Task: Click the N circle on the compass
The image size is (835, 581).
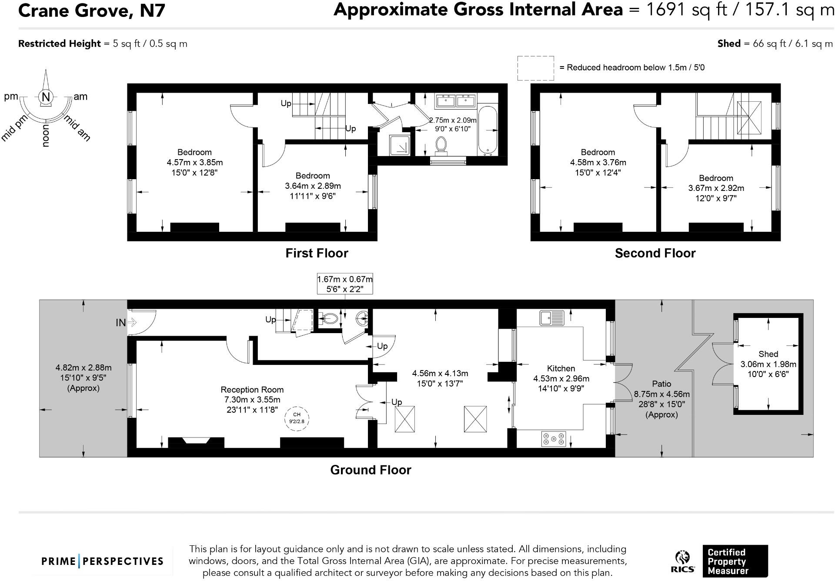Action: coord(46,97)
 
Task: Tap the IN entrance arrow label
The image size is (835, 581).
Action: coord(121,322)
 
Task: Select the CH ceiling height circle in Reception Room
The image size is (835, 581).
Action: coord(297,418)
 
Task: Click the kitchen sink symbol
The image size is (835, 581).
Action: coord(552,318)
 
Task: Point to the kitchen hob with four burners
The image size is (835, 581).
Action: coord(554,439)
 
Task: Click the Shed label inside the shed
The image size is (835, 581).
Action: coord(768,354)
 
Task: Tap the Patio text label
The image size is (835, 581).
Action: coord(661,384)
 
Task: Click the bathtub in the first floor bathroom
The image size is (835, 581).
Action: coord(487,130)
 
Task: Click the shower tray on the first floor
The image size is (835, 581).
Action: coord(399,145)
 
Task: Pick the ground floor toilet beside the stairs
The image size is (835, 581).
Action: coord(329,319)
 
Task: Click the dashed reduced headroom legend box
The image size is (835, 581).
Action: coord(535,68)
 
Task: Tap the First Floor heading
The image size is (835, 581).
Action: coord(317,253)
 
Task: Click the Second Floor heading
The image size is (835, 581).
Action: coord(655,253)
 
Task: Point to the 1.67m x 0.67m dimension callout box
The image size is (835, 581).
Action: coord(344,284)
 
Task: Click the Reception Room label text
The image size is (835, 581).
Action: coord(252,390)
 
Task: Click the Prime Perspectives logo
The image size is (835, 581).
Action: coord(103,561)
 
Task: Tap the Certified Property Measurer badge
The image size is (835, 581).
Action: coord(735,561)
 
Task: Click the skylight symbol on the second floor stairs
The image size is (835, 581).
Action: coord(749,117)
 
